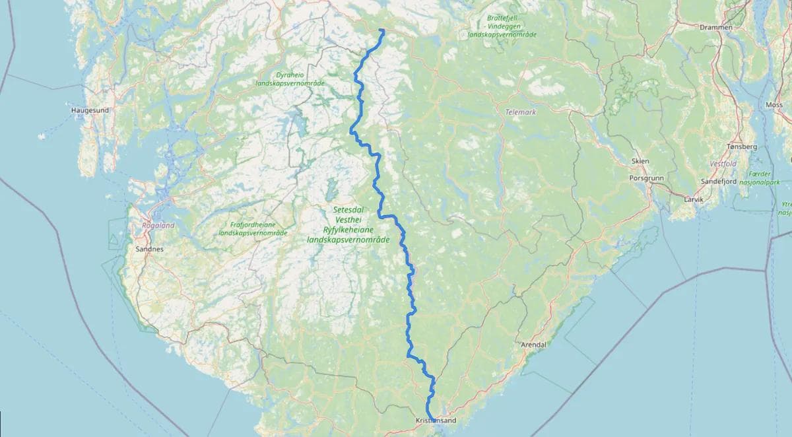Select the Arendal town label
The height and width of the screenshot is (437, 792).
tap(534, 345)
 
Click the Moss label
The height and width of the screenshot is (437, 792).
tap(774, 105)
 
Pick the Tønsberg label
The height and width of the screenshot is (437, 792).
tap(741, 147)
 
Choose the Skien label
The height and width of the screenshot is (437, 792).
tap(640, 161)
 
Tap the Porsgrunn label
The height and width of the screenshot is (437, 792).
tap(647, 178)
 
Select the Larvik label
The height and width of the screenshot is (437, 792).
tap(694, 199)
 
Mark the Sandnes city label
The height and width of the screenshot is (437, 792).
tap(148, 250)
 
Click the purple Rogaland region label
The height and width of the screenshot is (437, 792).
tap(157, 225)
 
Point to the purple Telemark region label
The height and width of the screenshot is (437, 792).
tap(521, 112)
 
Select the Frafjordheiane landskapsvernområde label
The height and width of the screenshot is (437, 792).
tap(253, 228)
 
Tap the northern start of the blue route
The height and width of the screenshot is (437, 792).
tap(383, 30)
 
